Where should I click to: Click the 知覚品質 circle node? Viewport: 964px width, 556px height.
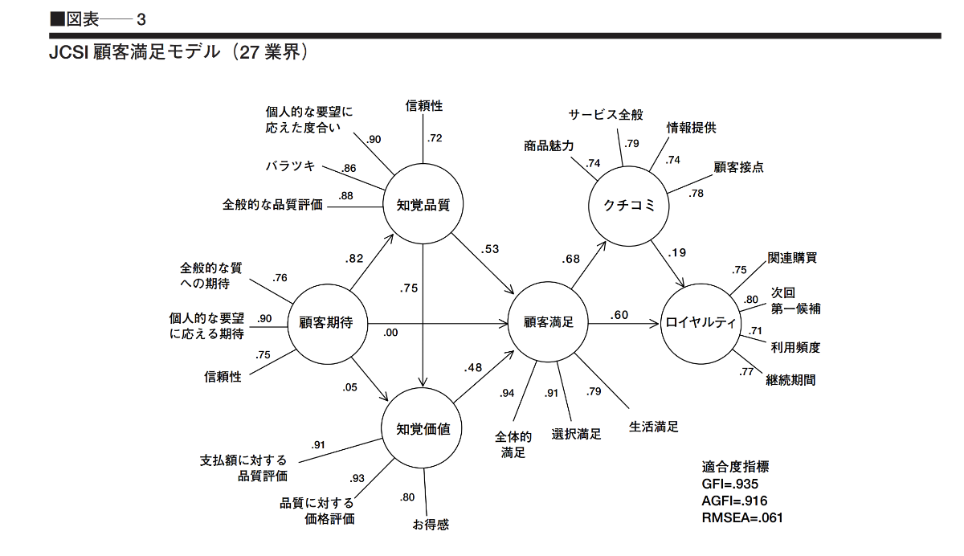pos(423,204)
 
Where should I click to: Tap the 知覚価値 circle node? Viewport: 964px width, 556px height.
pos(423,428)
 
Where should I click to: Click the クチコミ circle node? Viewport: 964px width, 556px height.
pos(629,206)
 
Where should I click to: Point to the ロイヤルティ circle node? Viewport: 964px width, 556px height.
pos(701,323)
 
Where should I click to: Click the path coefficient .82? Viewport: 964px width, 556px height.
pos(354,258)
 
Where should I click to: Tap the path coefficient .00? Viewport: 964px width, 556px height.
pos(391,333)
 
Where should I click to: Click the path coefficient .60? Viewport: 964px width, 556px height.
pos(619,315)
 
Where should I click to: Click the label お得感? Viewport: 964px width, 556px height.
pos(431,525)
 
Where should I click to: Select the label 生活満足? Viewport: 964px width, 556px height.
pos(654,427)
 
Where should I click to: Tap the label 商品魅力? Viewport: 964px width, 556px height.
pos(549,145)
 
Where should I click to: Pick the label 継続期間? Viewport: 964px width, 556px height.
pos(790,380)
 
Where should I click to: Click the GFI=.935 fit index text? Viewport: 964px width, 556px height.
pos(729,484)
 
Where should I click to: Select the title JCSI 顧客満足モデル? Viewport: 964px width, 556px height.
pos(178,53)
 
